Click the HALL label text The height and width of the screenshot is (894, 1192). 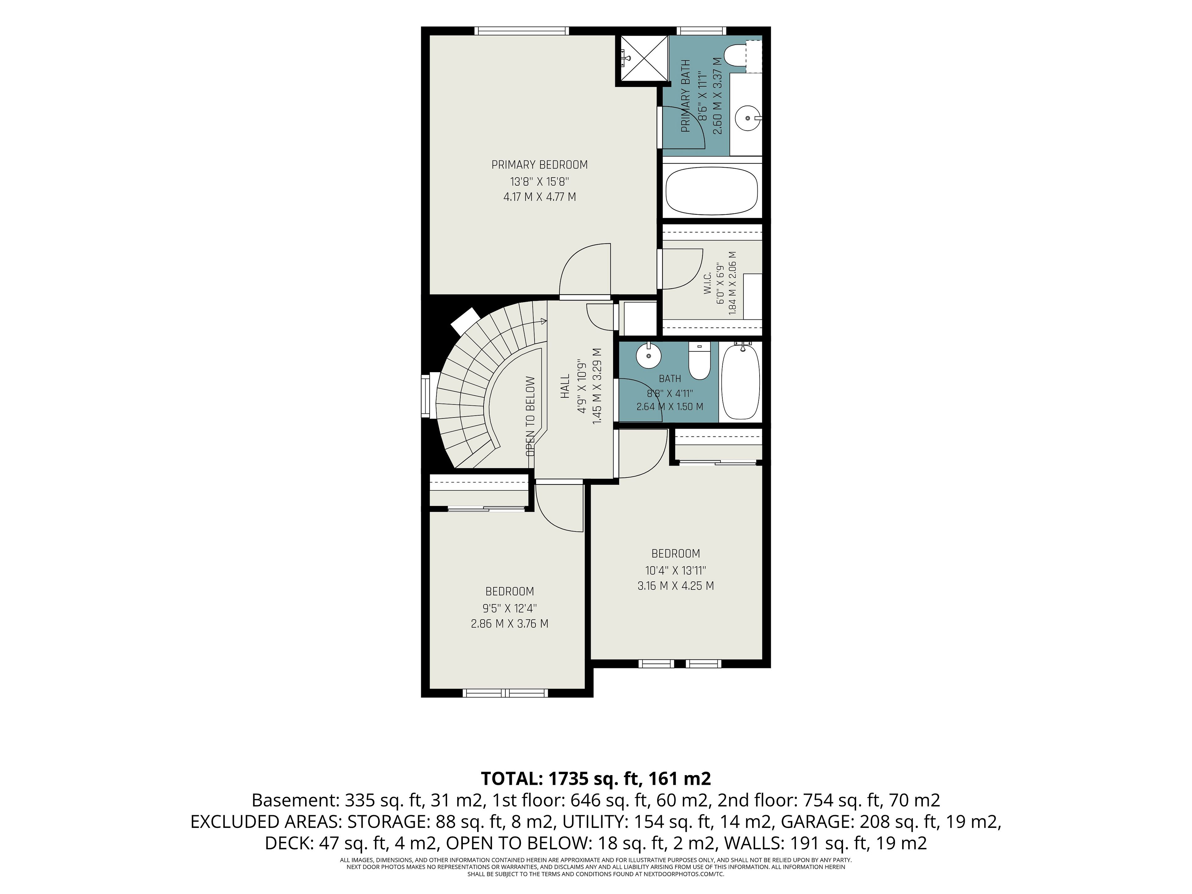[x=565, y=387]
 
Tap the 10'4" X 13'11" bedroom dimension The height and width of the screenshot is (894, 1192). [x=676, y=570]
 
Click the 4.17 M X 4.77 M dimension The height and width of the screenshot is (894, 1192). [x=540, y=197]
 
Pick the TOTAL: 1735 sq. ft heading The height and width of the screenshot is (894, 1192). [x=595, y=778]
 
